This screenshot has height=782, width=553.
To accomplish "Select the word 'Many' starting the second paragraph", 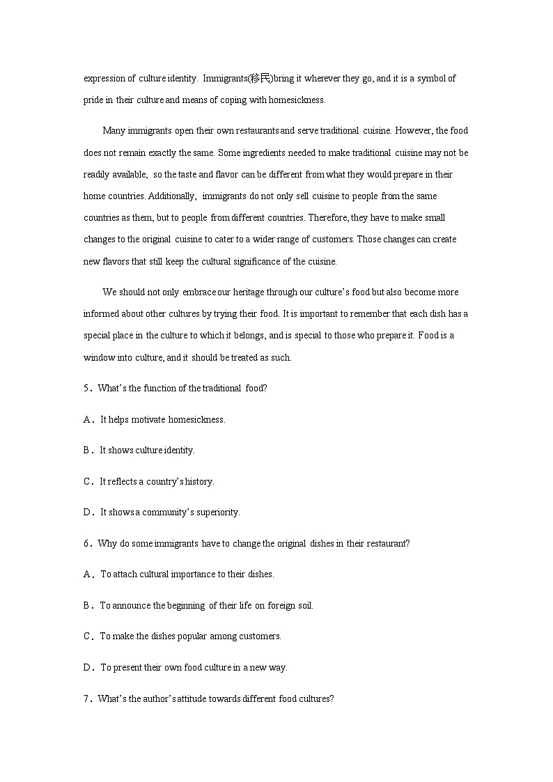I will [x=112, y=131].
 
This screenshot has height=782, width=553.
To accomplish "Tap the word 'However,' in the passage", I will [x=413, y=131].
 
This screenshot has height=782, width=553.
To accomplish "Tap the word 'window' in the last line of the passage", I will [x=98, y=358].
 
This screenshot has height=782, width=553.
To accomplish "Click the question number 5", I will [x=86, y=389].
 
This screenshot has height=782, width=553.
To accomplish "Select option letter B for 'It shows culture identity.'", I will [x=87, y=451].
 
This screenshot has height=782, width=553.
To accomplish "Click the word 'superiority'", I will [x=217, y=513].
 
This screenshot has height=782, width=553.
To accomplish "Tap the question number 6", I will [x=86, y=544].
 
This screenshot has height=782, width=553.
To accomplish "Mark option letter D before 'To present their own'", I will [x=87, y=668].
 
